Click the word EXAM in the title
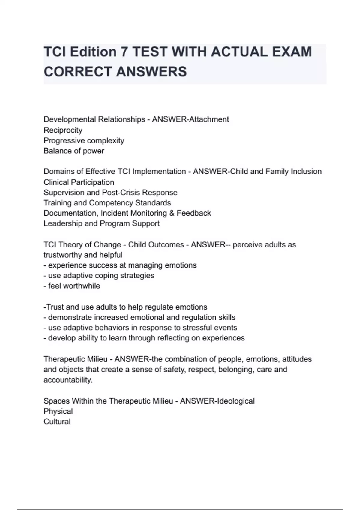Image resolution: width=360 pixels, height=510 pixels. click(292, 52)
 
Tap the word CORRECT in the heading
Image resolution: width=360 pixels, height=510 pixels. click(77, 72)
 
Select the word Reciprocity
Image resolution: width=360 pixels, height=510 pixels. click(63, 130)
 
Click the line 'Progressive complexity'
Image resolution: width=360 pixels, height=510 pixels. click(84, 140)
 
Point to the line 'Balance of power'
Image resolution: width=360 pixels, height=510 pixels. click(74, 151)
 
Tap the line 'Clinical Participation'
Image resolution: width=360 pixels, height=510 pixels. click(79, 182)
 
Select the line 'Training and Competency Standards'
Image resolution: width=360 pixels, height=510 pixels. click(107, 203)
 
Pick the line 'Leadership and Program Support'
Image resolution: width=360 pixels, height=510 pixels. click(101, 223)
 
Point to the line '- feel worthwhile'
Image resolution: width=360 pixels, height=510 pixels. click(72, 286)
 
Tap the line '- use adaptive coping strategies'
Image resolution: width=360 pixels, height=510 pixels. click(99, 276)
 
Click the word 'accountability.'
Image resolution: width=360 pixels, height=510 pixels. click(68, 380)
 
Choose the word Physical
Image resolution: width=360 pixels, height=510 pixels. click(58, 411)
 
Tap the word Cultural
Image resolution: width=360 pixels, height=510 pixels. click(57, 421)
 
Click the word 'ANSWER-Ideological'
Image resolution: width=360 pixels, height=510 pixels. click(217, 401)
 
